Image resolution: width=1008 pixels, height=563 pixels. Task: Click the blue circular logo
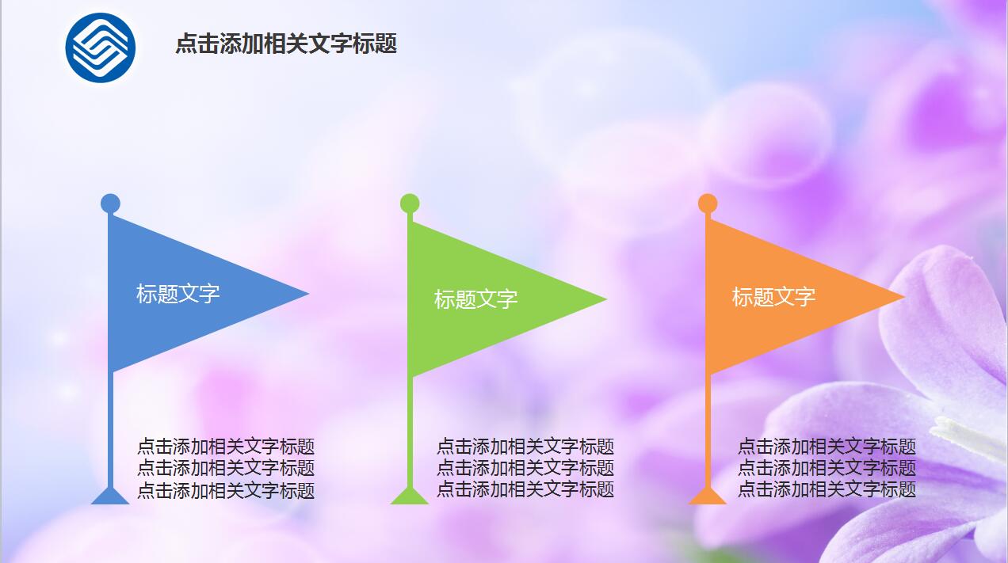pos(101,48)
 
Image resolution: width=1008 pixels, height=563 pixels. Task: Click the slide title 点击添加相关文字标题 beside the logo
pos(285,44)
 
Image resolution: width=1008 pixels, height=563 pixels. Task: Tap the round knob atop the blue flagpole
pos(110,204)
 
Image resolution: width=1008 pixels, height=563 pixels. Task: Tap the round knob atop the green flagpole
pos(410,204)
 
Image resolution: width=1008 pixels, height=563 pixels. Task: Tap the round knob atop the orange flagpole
pos(708,204)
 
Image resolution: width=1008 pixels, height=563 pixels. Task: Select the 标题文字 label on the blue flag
pos(178,294)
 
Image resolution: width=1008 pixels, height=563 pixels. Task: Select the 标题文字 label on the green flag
pos(475,299)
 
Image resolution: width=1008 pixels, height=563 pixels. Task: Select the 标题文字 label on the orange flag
pos(773,297)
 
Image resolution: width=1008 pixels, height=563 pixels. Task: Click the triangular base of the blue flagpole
pos(110,496)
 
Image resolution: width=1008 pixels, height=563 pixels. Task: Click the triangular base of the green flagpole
pos(410,496)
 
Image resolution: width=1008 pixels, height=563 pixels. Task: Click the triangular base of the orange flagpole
pos(708,496)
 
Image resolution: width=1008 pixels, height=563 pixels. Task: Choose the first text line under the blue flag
pos(226,447)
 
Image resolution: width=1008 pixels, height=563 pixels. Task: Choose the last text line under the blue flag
pos(226,491)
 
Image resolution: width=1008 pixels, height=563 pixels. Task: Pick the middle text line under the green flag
pos(525,468)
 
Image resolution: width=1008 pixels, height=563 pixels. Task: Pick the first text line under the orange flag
pos(827,447)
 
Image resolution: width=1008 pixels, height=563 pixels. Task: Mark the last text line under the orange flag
pos(827,489)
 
